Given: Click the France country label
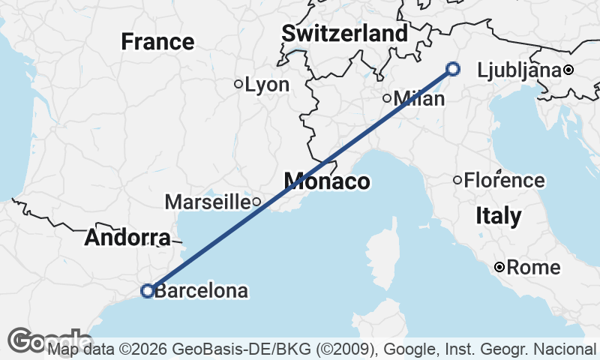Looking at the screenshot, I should coord(157,41).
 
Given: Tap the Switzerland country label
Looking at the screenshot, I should coord(345,34).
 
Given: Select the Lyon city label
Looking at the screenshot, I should coord(267,85).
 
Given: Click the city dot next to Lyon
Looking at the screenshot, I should coord(238,84).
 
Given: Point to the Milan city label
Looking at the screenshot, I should coord(414,97).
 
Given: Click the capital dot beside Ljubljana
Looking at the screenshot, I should coord(568,70).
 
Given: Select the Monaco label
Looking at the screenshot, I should coord(326,181).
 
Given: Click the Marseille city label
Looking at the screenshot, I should coord(207,201).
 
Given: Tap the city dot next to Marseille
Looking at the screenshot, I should coord(256,201).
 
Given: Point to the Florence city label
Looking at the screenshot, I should coord(504,180).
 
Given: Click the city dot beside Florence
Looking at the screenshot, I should coord(457,180).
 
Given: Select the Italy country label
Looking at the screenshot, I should coord(499,216).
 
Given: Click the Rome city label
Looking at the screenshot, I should coord(533,267).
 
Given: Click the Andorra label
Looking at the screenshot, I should coord(126,238).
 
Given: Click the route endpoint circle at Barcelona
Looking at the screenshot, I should coord(148,290).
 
